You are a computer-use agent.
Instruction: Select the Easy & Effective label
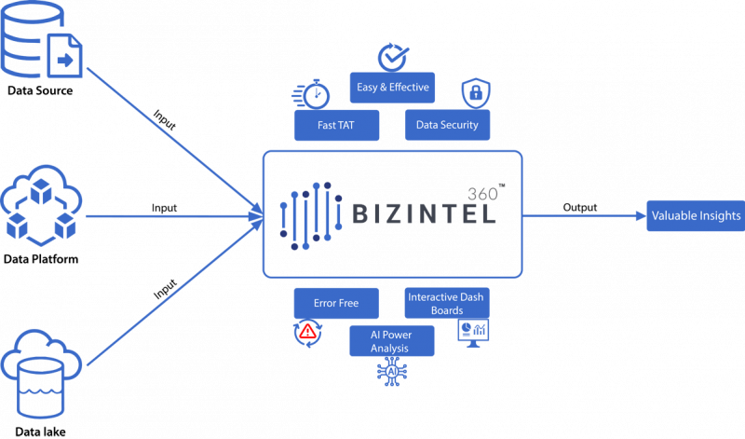pyautogui.click(x=393, y=88)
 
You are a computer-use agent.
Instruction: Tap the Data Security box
pyautogui.click(x=448, y=125)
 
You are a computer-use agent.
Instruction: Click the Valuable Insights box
pyautogui.click(x=696, y=216)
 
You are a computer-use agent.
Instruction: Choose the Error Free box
pyautogui.click(x=338, y=303)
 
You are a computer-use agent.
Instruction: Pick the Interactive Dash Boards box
pyautogui.click(x=447, y=303)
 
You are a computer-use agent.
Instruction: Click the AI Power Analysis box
pyautogui.click(x=392, y=341)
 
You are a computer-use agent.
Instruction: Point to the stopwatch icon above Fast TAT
pyautogui.click(x=316, y=94)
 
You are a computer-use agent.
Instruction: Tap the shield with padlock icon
pyautogui.click(x=476, y=94)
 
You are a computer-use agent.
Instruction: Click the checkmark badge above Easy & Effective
pyautogui.click(x=392, y=57)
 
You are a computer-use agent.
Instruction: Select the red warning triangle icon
pyautogui.click(x=307, y=332)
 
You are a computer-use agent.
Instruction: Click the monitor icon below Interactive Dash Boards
pyautogui.click(x=474, y=331)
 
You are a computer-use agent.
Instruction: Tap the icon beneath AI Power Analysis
pyautogui.click(x=391, y=371)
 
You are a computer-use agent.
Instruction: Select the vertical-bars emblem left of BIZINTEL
pyautogui.click(x=307, y=215)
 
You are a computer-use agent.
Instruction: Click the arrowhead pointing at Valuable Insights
pyautogui.click(x=639, y=216)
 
